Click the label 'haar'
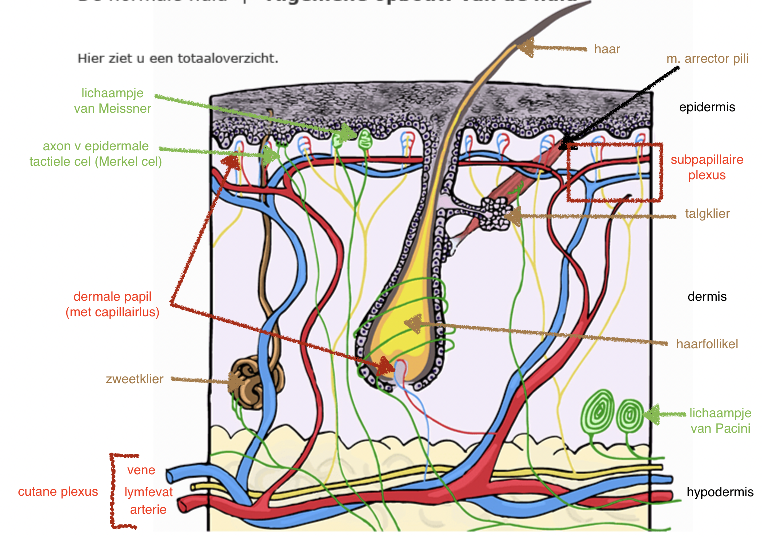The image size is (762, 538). tap(607, 49)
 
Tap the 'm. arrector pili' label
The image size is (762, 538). tap(707, 59)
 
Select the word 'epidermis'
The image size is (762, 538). tap(707, 107)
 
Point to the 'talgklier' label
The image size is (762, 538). tap(707, 214)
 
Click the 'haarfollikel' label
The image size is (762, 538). tap(707, 344)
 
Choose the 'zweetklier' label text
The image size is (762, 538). tap(134, 379)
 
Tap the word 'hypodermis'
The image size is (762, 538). tap(720, 492)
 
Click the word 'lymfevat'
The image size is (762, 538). tap(148, 492)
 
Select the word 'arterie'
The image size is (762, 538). tap(148, 510)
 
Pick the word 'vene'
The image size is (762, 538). tap(141, 470)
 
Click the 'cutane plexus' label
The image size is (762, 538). tap(58, 492)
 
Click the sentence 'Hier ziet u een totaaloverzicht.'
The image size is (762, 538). tap(178, 59)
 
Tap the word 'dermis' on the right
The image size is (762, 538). tap(707, 297)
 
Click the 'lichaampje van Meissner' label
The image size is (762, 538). tap(112, 101)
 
